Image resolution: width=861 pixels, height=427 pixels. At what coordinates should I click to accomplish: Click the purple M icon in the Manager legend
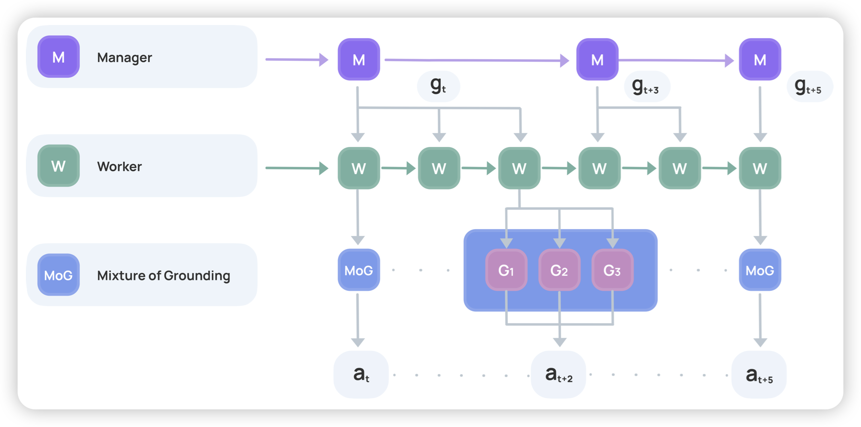(59, 57)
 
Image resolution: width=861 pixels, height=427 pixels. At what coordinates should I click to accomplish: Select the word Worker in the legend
(119, 166)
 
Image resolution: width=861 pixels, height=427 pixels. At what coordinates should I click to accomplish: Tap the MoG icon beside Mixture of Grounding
(59, 275)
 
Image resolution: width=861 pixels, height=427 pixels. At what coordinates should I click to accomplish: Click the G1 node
(506, 270)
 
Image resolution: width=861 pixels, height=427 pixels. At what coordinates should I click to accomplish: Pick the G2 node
(559, 270)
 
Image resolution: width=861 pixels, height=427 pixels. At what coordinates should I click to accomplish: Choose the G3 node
(612, 270)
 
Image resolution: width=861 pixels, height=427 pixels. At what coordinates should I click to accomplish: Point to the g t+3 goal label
(646, 87)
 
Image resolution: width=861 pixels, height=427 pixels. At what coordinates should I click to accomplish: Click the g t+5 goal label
(809, 87)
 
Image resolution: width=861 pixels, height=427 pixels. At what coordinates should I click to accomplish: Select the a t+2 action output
(559, 375)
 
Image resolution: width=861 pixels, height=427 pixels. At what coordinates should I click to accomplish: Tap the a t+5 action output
(759, 375)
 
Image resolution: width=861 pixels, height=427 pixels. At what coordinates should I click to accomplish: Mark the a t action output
(361, 375)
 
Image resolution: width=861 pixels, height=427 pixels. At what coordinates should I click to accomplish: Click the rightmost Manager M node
(760, 59)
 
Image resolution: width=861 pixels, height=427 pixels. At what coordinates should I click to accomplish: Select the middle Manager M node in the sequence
(597, 59)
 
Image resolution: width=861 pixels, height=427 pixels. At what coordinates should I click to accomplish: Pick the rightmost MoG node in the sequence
(760, 270)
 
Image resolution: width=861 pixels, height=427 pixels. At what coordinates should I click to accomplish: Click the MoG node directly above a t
(359, 270)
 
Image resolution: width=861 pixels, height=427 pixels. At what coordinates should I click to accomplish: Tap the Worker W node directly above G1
(519, 168)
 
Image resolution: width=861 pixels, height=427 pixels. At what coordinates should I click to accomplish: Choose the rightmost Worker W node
(760, 168)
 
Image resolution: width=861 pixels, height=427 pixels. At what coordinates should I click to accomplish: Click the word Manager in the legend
(124, 58)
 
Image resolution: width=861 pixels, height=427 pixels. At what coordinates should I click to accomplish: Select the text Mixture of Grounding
(163, 276)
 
